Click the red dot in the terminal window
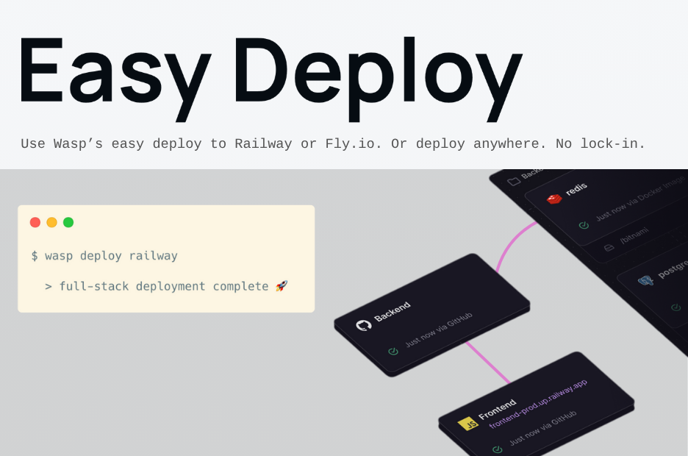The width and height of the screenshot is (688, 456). click(x=35, y=222)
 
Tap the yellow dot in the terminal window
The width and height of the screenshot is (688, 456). click(x=51, y=222)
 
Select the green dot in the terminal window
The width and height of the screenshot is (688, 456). click(x=68, y=222)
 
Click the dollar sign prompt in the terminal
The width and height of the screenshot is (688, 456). click(x=35, y=256)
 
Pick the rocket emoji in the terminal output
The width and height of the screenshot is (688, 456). click(x=281, y=286)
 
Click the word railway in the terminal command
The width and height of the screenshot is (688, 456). click(x=154, y=256)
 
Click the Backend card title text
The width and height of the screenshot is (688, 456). click(x=393, y=312)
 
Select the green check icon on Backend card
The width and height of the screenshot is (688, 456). click(x=393, y=352)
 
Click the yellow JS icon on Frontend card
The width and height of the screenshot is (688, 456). click(x=466, y=424)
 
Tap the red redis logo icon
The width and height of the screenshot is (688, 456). click(x=554, y=199)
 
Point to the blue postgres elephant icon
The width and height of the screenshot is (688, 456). click(x=646, y=281)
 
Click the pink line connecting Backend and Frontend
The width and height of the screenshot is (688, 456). click(x=487, y=361)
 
